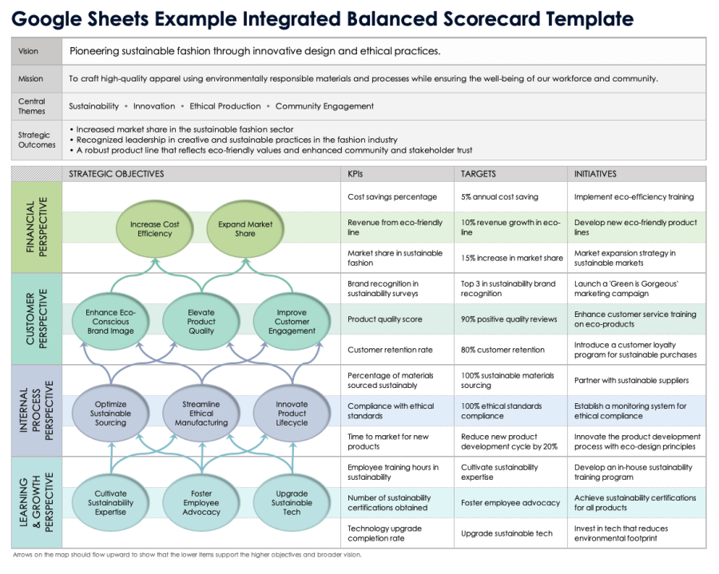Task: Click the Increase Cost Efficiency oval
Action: (x=154, y=228)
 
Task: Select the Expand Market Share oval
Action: (x=245, y=228)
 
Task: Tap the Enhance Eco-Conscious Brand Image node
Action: (x=110, y=322)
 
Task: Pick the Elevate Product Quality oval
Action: (x=201, y=322)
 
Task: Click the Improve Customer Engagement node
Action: (x=292, y=322)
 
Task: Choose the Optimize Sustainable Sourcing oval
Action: (x=110, y=414)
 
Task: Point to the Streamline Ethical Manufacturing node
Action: (x=201, y=414)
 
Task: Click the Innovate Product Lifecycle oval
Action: (x=292, y=414)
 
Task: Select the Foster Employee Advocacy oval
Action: (x=201, y=502)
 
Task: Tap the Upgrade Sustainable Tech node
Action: (x=292, y=502)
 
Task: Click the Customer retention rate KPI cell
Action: (x=390, y=350)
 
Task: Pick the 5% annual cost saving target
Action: (x=499, y=197)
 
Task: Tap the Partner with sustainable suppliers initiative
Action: (x=631, y=381)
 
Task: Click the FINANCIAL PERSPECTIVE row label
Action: (x=37, y=228)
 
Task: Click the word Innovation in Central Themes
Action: (x=154, y=106)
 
